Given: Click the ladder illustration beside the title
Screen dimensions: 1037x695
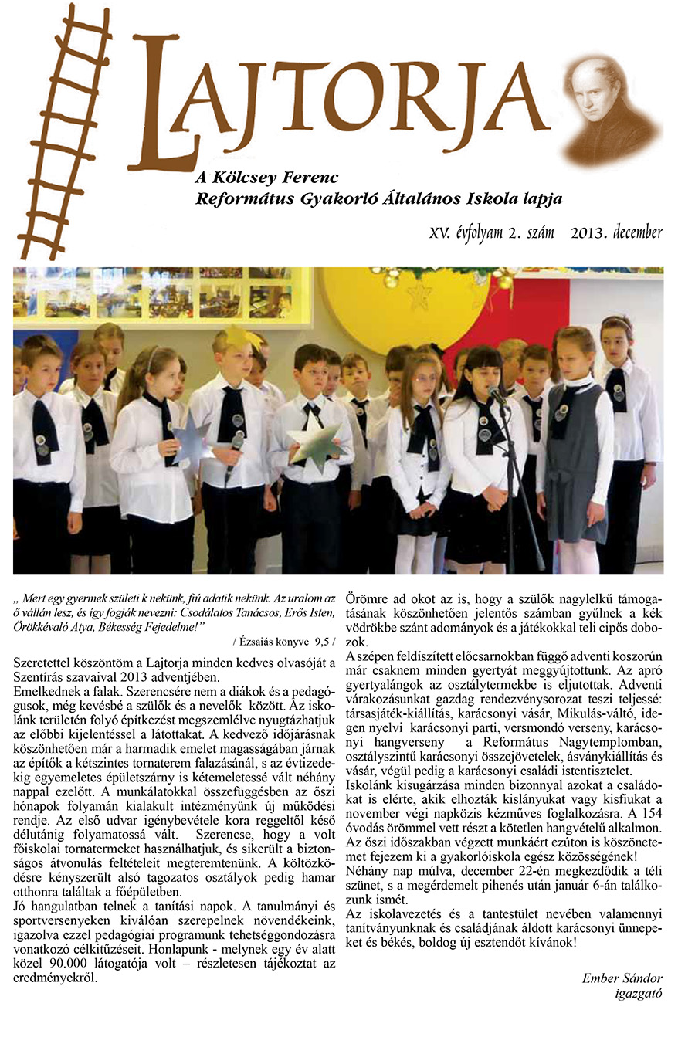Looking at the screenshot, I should click(x=66, y=131).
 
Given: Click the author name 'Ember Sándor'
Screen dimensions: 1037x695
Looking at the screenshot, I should click(x=622, y=978).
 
